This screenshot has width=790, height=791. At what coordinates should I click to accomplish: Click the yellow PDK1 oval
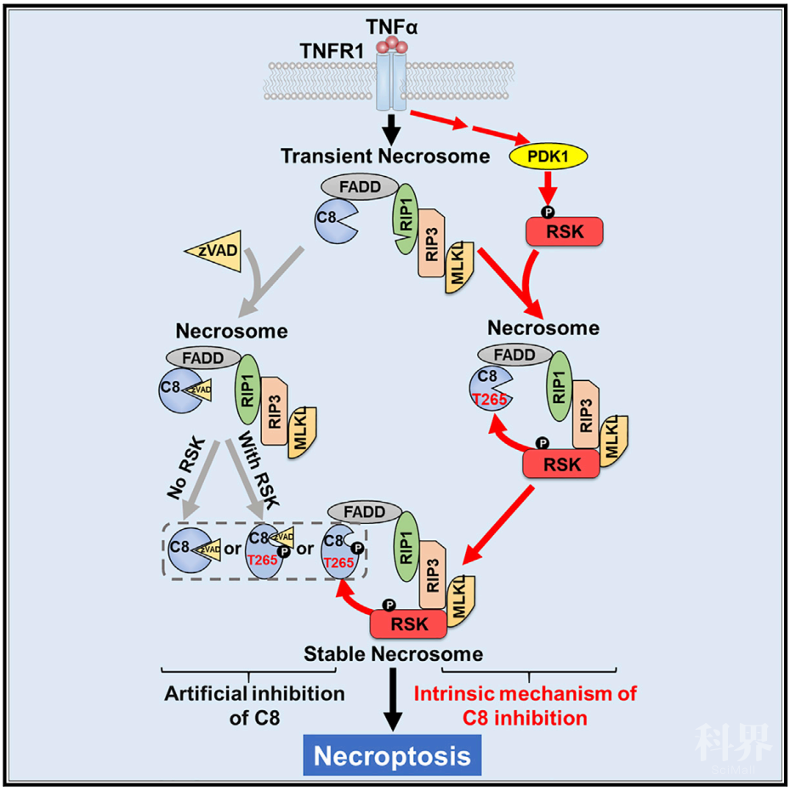(548, 156)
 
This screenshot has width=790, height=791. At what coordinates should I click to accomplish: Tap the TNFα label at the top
(391, 26)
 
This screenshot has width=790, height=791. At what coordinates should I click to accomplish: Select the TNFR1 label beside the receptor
(332, 51)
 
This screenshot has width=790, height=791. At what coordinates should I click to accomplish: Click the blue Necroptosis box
(392, 755)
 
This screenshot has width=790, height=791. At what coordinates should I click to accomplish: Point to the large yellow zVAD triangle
(217, 251)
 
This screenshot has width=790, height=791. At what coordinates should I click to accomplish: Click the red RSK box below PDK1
(565, 231)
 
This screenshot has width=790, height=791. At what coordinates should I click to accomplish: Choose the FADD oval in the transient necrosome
(360, 186)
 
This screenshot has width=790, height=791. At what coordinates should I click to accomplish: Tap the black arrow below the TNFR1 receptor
(391, 129)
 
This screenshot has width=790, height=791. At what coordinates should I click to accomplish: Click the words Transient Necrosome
(385, 156)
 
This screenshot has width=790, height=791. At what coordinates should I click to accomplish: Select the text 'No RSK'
(186, 469)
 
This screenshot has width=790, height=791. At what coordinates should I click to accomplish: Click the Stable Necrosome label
(393, 654)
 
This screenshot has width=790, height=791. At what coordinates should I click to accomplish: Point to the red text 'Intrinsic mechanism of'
(526, 694)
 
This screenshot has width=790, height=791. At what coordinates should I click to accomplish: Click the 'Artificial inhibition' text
(254, 694)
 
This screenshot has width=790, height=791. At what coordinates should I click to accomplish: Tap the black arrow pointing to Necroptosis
(393, 699)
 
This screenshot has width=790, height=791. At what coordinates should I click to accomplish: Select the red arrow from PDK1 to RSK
(548, 188)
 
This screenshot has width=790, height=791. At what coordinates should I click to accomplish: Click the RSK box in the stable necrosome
(408, 624)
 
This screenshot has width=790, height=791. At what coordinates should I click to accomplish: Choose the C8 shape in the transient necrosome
(333, 221)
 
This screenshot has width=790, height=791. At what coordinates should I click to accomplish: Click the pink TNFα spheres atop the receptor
(391, 45)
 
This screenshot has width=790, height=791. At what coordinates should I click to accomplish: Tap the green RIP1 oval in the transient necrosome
(406, 219)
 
